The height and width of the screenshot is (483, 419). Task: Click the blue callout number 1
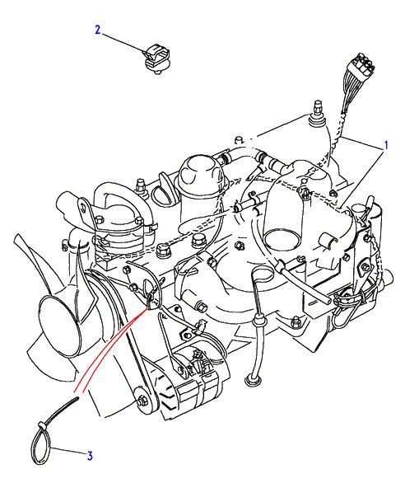point(386,145)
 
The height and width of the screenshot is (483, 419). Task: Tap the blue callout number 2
point(98,30)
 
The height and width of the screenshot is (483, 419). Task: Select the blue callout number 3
point(90,456)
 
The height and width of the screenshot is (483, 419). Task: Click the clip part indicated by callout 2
point(157,59)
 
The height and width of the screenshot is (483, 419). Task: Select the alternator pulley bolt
point(142,401)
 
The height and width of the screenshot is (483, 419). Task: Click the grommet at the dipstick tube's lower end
point(252,380)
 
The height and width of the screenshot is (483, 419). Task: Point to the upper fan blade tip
point(17,238)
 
